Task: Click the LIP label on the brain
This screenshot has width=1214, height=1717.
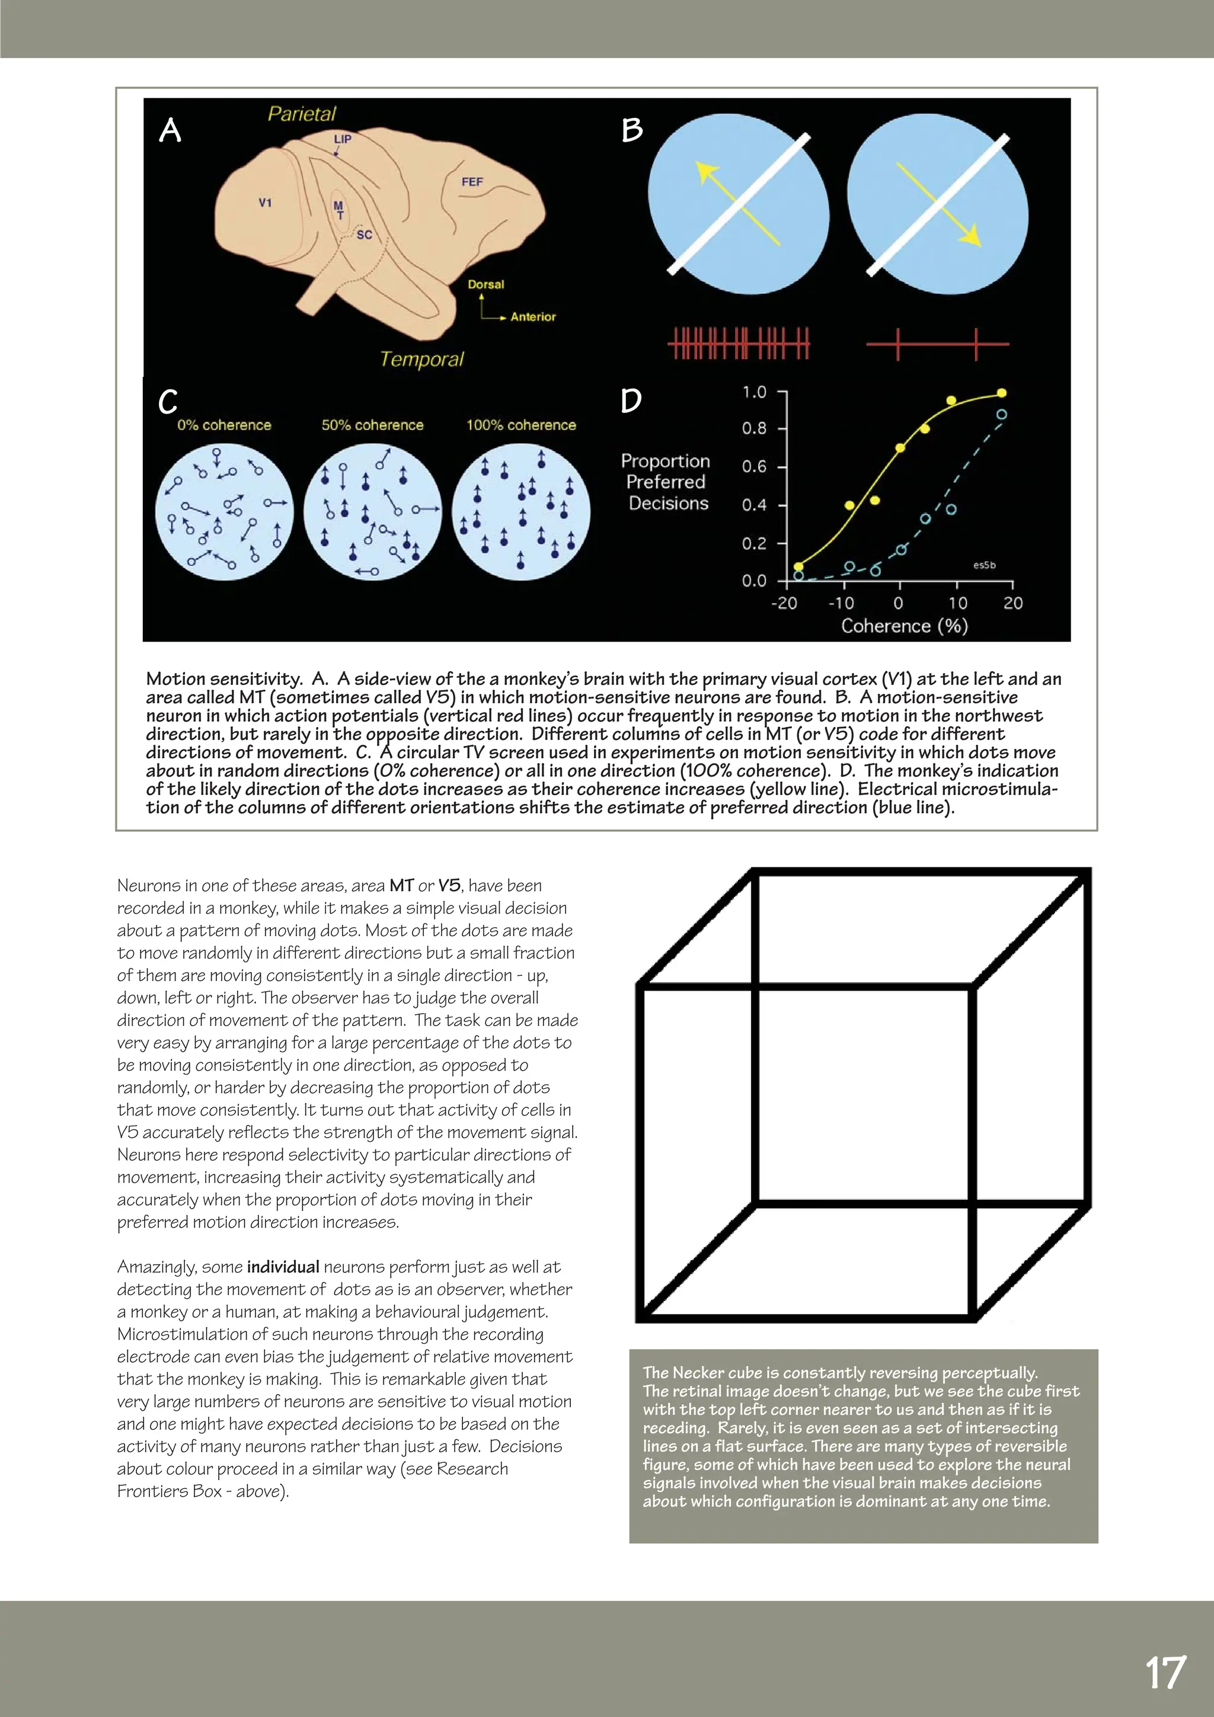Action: coord(343,139)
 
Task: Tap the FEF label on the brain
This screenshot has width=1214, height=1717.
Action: coord(472,182)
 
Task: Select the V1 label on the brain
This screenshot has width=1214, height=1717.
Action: coord(265,203)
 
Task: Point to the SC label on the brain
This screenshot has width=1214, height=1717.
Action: coord(365,235)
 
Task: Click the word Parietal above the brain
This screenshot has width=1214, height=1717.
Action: coord(302,114)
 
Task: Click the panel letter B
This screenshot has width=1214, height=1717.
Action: coord(632,130)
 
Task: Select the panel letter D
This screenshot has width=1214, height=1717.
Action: coord(631,401)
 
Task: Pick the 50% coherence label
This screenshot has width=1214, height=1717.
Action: coord(372,425)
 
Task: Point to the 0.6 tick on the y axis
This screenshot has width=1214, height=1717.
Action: coord(754,467)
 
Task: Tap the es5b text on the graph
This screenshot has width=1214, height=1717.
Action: coord(985,565)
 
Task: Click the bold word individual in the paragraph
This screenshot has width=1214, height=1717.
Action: coord(283,1267)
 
